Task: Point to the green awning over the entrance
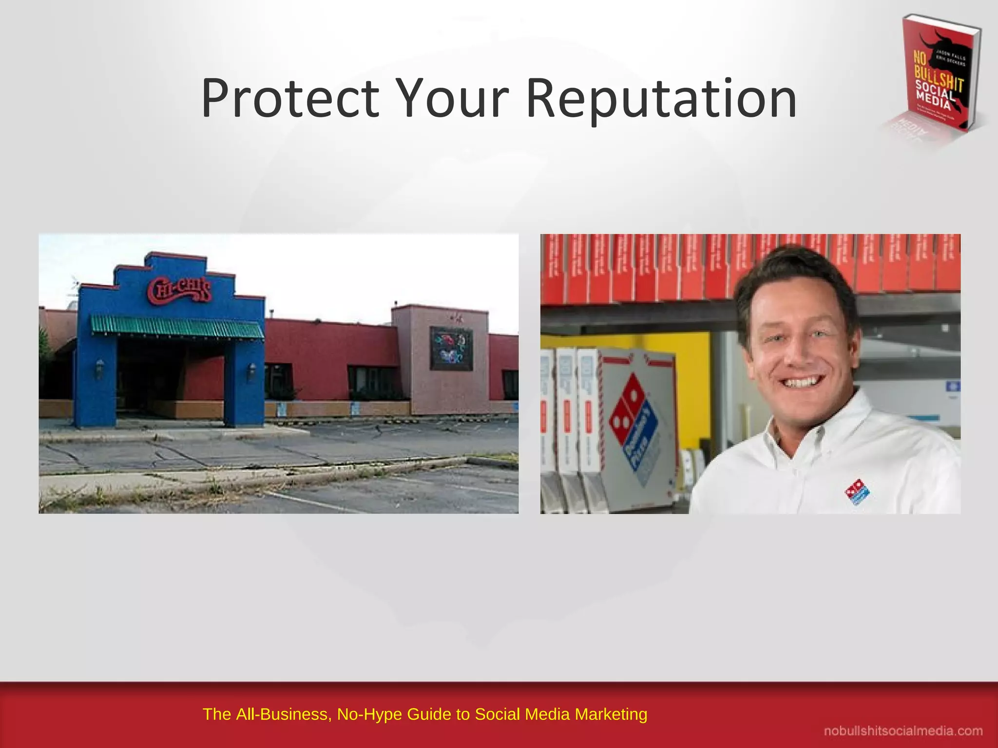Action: tap(177, 326)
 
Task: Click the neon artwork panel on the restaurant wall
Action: tap(451, 348)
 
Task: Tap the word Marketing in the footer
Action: tap(611, 714)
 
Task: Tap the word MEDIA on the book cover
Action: tap(933, 101)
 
